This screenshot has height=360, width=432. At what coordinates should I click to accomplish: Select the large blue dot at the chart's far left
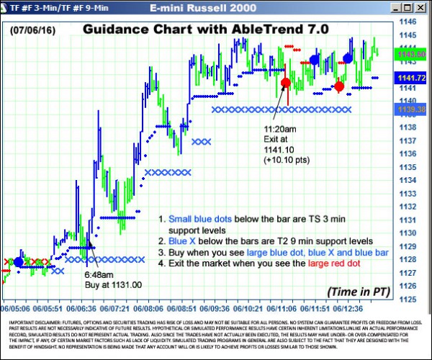pyautogui.click(x=19, y=262)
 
